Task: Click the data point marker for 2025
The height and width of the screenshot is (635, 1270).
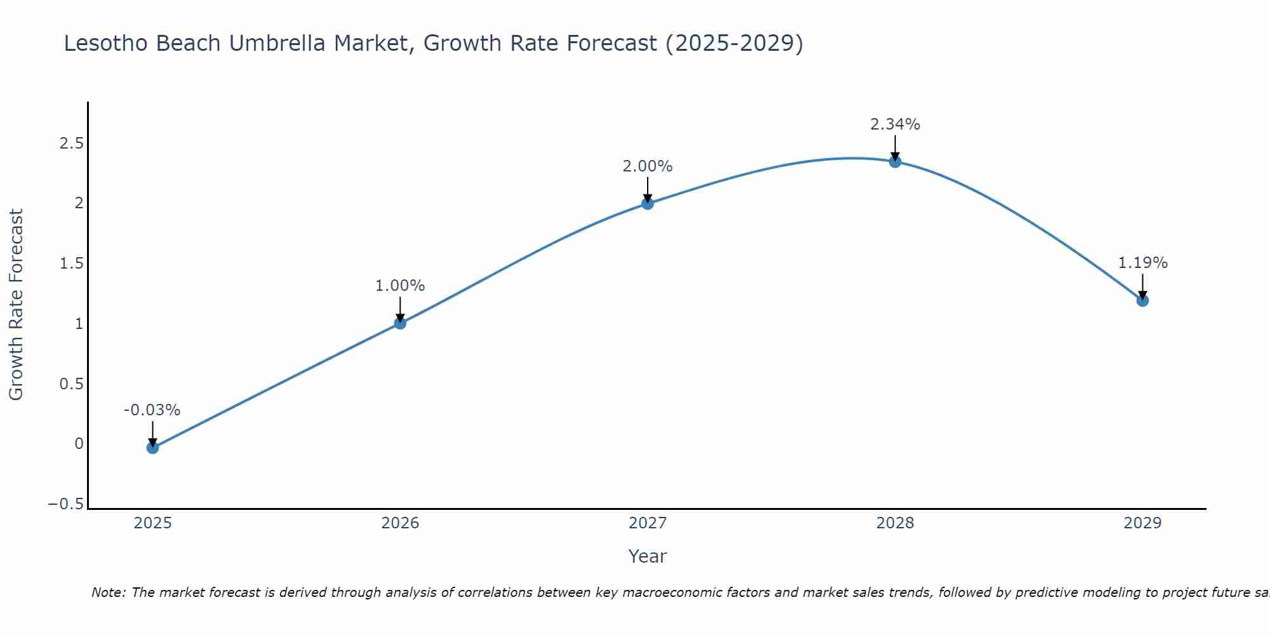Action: point(152,448)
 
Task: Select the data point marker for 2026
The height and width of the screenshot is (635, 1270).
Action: point(400,323)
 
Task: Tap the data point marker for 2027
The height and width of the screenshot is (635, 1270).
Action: point(648,203)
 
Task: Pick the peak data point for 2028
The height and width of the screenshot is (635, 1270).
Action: point(895,162)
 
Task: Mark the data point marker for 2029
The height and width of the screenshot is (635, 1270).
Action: point(1142,300)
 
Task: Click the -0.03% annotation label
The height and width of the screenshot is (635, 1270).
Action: point(152,410)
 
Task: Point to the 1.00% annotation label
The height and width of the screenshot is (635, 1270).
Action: point(400,286)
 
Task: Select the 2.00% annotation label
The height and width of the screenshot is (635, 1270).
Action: point(648,166)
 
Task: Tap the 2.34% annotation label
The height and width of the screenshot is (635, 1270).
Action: point(895,124)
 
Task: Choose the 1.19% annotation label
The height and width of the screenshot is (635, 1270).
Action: point(1142,263)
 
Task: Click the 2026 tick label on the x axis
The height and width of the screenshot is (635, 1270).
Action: point(400,523)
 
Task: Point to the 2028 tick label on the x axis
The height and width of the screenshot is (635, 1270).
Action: point(895,523)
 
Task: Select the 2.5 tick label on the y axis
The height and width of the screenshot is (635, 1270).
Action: point(71,144)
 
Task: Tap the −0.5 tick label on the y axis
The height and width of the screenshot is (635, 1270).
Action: point(65,504)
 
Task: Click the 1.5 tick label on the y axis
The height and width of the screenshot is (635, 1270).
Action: point(71,264)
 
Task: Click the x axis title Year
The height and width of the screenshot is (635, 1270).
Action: point(647,556)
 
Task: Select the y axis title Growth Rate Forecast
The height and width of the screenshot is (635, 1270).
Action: point(16,305)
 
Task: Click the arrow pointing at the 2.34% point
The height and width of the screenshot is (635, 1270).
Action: point(895,147)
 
